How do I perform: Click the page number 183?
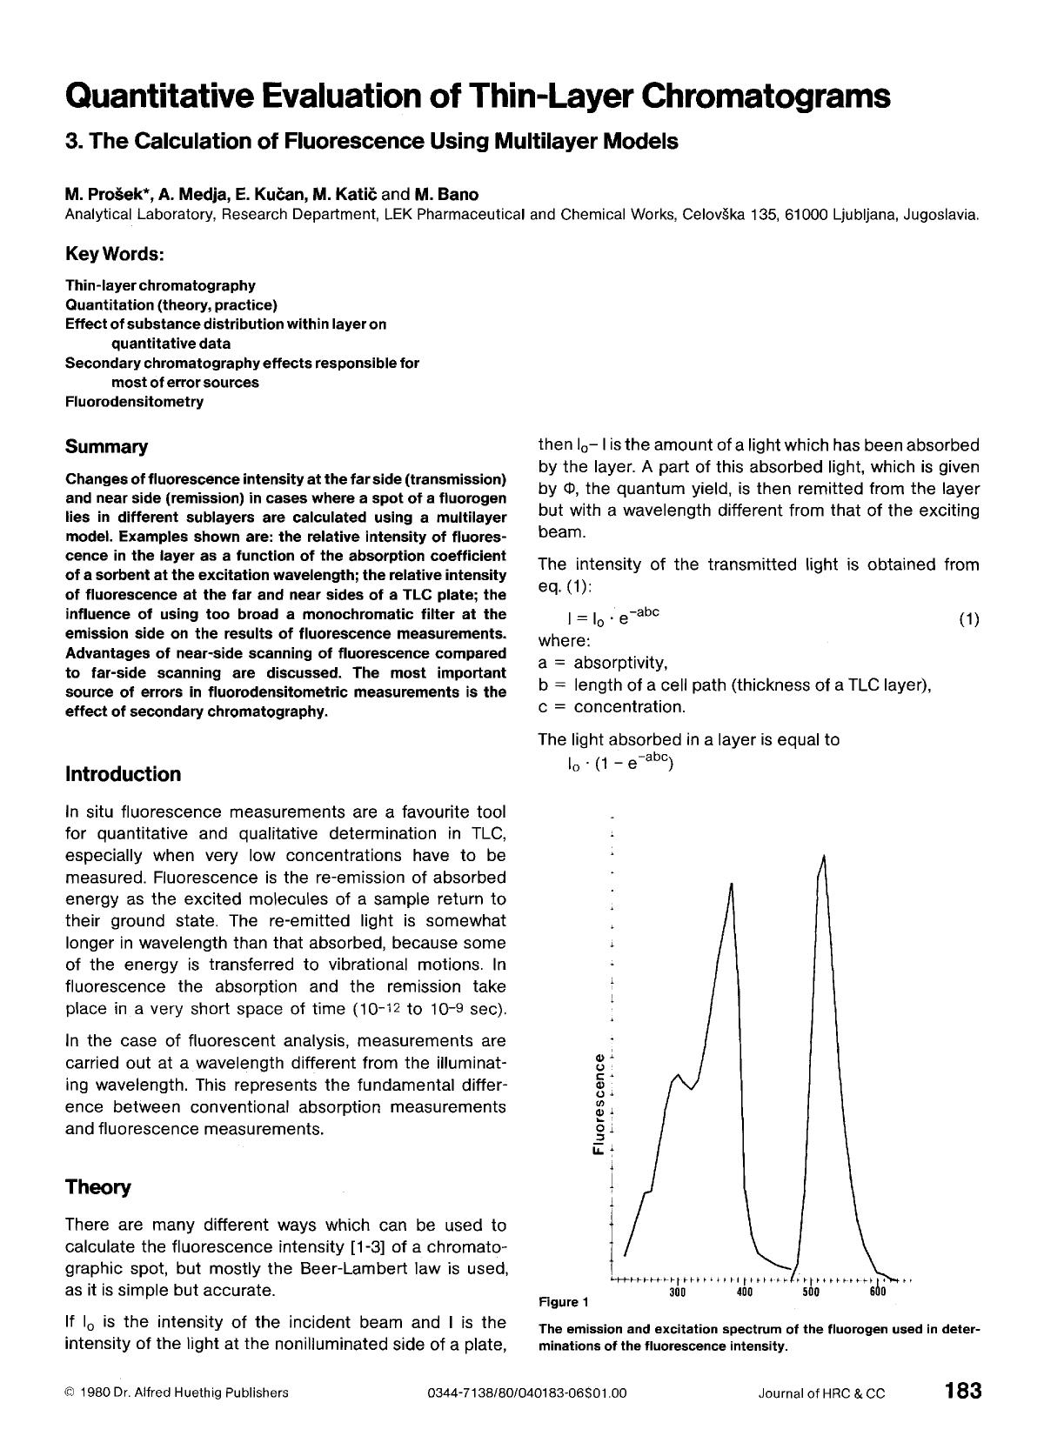pyautogui.click(x=962, y=1390)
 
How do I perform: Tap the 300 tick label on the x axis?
pyautogui.click(x=678, y=1292)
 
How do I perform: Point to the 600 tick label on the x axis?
pyautogui.click(x=877, y=1292)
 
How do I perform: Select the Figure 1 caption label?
pyautogui.click(x=564, y=1302)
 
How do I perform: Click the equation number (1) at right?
pyautogui.click(x=968, y=619)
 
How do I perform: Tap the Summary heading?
pyautogui.click(x=106, y=447)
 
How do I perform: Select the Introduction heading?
pyautogui.click(x=123, y=774)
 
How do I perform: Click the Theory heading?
pyautogui.click(x=97, y=1187)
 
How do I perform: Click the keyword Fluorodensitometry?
pyautogui.click(x=134, y=402)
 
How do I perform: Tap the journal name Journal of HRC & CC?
pyautogui.click(x=821, y=1393)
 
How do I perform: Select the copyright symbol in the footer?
pyautogui.click(x=70, y=1393)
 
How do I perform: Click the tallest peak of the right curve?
pyautogui.click(x=823, y=858)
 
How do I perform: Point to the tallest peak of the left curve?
pyautogui.click(x=732, y=885)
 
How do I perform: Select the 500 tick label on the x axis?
pyautogui.click(x=811, y=1292)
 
